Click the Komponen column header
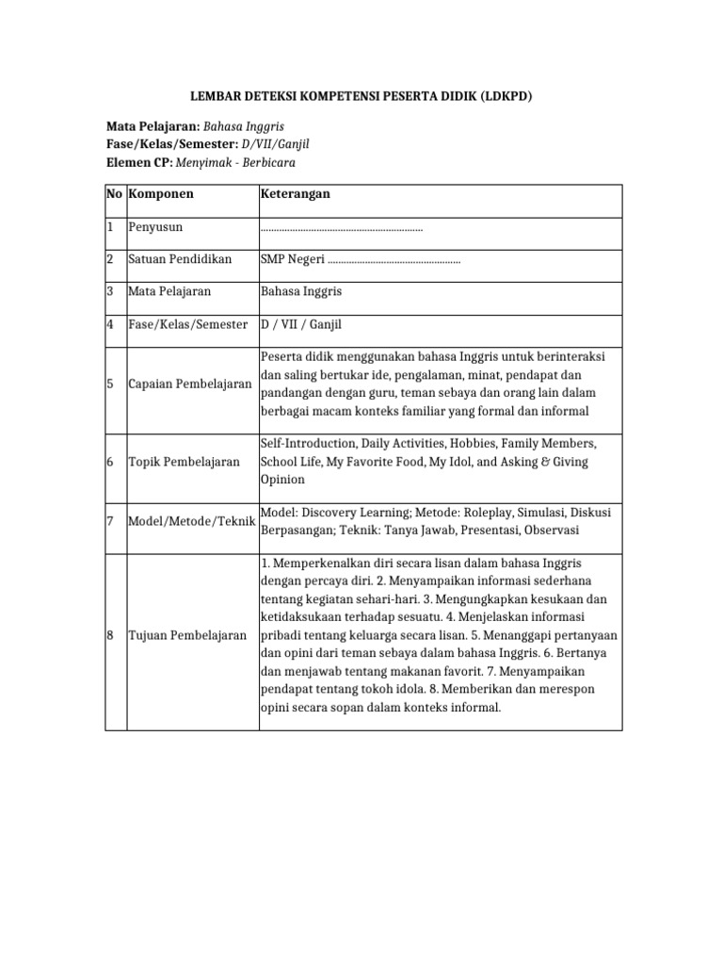coord(161,194)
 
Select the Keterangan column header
coord(295,194)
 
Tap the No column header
coord(114,194)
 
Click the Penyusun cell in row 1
coord(156,227)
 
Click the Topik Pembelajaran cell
coord(184,462)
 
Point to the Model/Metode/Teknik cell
coord(192,521)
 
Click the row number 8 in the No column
coord(111,635)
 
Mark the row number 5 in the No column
coord(111,384)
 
